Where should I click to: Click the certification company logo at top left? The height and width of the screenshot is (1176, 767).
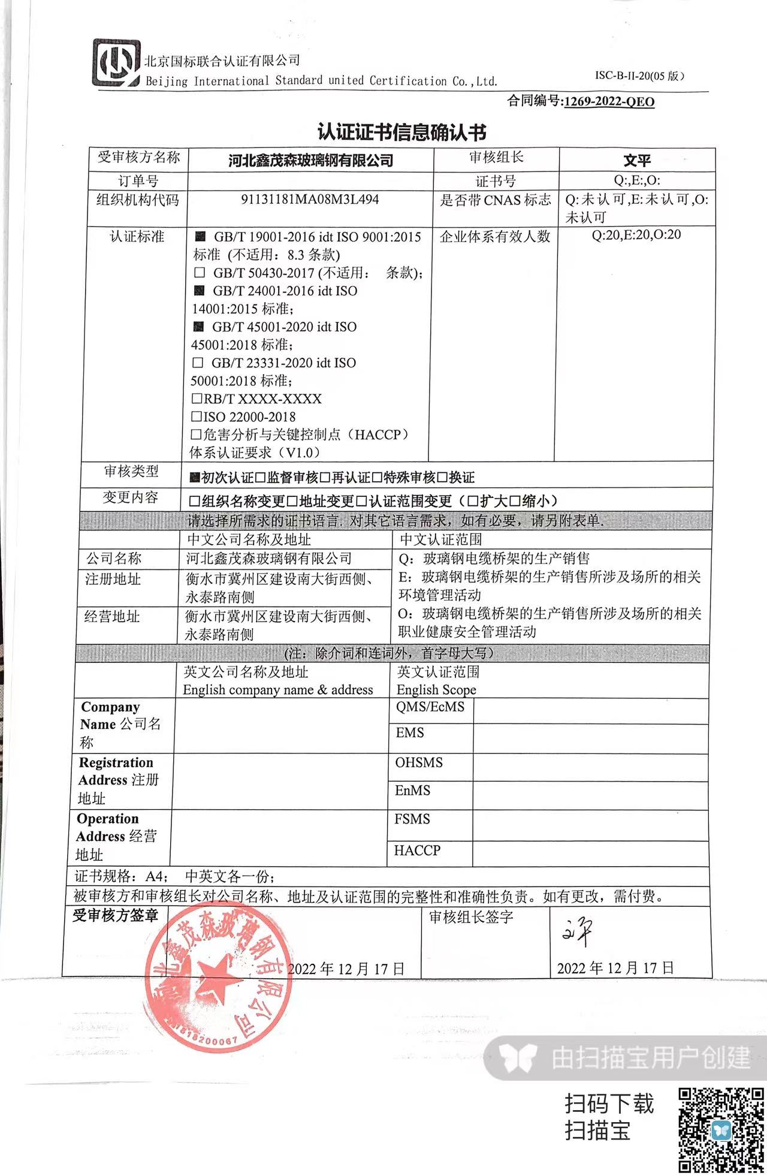point(116,63)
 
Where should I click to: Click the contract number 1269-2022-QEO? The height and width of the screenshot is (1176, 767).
point(609,101)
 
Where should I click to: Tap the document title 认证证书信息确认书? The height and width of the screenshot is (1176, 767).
point(401,132)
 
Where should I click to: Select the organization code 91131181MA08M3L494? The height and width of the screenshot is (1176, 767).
point(310,199)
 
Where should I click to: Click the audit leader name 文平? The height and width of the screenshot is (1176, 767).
point(636,161)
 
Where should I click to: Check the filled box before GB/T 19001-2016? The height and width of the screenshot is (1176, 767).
point(201,237)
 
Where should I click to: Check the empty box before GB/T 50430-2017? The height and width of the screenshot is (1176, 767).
point(200,273)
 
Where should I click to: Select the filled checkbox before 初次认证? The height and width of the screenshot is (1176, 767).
point(194,478)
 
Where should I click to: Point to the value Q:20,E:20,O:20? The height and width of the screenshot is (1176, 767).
point(636,234)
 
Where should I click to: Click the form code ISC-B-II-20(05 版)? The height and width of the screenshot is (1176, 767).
point(639,76)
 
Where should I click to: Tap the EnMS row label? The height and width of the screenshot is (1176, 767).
point(412,791)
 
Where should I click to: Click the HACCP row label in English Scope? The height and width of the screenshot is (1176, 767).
point(417,850)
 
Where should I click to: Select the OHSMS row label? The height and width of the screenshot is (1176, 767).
point(419,762)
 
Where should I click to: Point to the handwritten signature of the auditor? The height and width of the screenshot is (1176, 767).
point(577,932)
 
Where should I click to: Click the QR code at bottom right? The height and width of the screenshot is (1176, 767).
point(721,1129)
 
